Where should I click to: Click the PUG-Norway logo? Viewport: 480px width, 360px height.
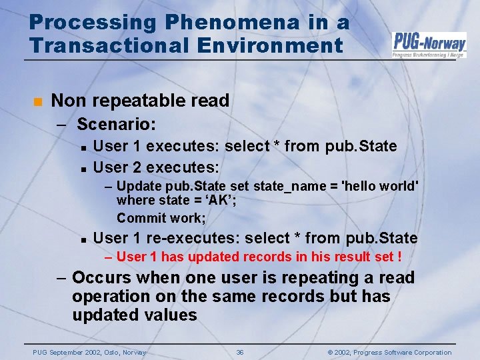pos(429,45)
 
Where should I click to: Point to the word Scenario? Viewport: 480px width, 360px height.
pos(117,124)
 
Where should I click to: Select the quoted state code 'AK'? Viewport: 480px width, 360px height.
pos(222,201)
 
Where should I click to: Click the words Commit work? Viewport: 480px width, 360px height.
pos(161,218)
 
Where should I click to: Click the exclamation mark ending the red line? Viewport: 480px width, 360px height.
pos(399,257)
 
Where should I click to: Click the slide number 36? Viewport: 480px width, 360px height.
pos(240,353)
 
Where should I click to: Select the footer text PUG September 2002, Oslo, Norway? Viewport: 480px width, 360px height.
pos(89,353)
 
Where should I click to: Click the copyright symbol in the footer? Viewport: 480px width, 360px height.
pos(330,353)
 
